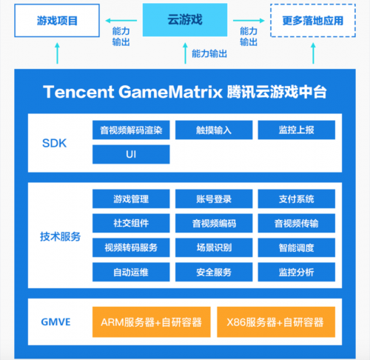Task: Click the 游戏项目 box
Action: (x=57, y=21)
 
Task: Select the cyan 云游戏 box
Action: (x=185, y=20)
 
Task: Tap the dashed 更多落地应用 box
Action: (x=313, y=21)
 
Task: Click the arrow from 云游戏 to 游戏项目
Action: (x=121, y=21)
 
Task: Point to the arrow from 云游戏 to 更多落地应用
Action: (x=249, y=21)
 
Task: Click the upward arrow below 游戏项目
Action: (x=57, y=53)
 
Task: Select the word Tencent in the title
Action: (x=78, y=92)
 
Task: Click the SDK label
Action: (x=55, y=143)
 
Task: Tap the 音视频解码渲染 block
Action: (x=131, y=130)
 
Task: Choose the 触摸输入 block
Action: (x=214, y=130)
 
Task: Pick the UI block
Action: (x=131, y=154)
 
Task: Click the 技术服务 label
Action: (x=61, y=236)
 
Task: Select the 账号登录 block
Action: (x=214, y=199)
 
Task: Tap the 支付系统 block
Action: (x=297, y=199)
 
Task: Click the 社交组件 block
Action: (x=131, y=223)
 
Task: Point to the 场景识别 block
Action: (x=214, y=247)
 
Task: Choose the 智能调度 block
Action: (x=297, y=247)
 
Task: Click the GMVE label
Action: (x=55, y=322)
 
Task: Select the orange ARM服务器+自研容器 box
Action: (x=152, y=322)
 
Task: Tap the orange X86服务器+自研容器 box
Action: (x=276, y=322)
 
